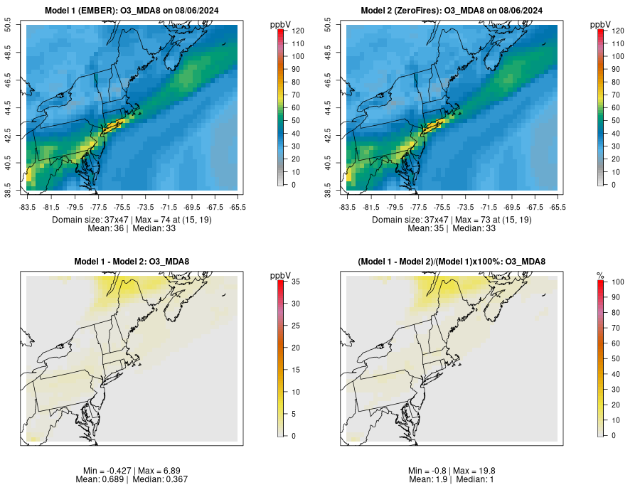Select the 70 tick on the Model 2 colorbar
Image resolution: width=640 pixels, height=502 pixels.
(x=616, y=95)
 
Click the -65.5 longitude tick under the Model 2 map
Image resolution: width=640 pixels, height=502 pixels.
(x=558, y=207)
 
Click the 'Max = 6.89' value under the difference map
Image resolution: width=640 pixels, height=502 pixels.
(x=156, y=471)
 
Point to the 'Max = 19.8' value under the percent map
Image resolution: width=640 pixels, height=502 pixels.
(x=474, y=471)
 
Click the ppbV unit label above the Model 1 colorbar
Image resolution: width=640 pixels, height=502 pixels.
(x=280, y=25)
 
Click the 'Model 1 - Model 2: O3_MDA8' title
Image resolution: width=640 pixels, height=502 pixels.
(x=132, y=262)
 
